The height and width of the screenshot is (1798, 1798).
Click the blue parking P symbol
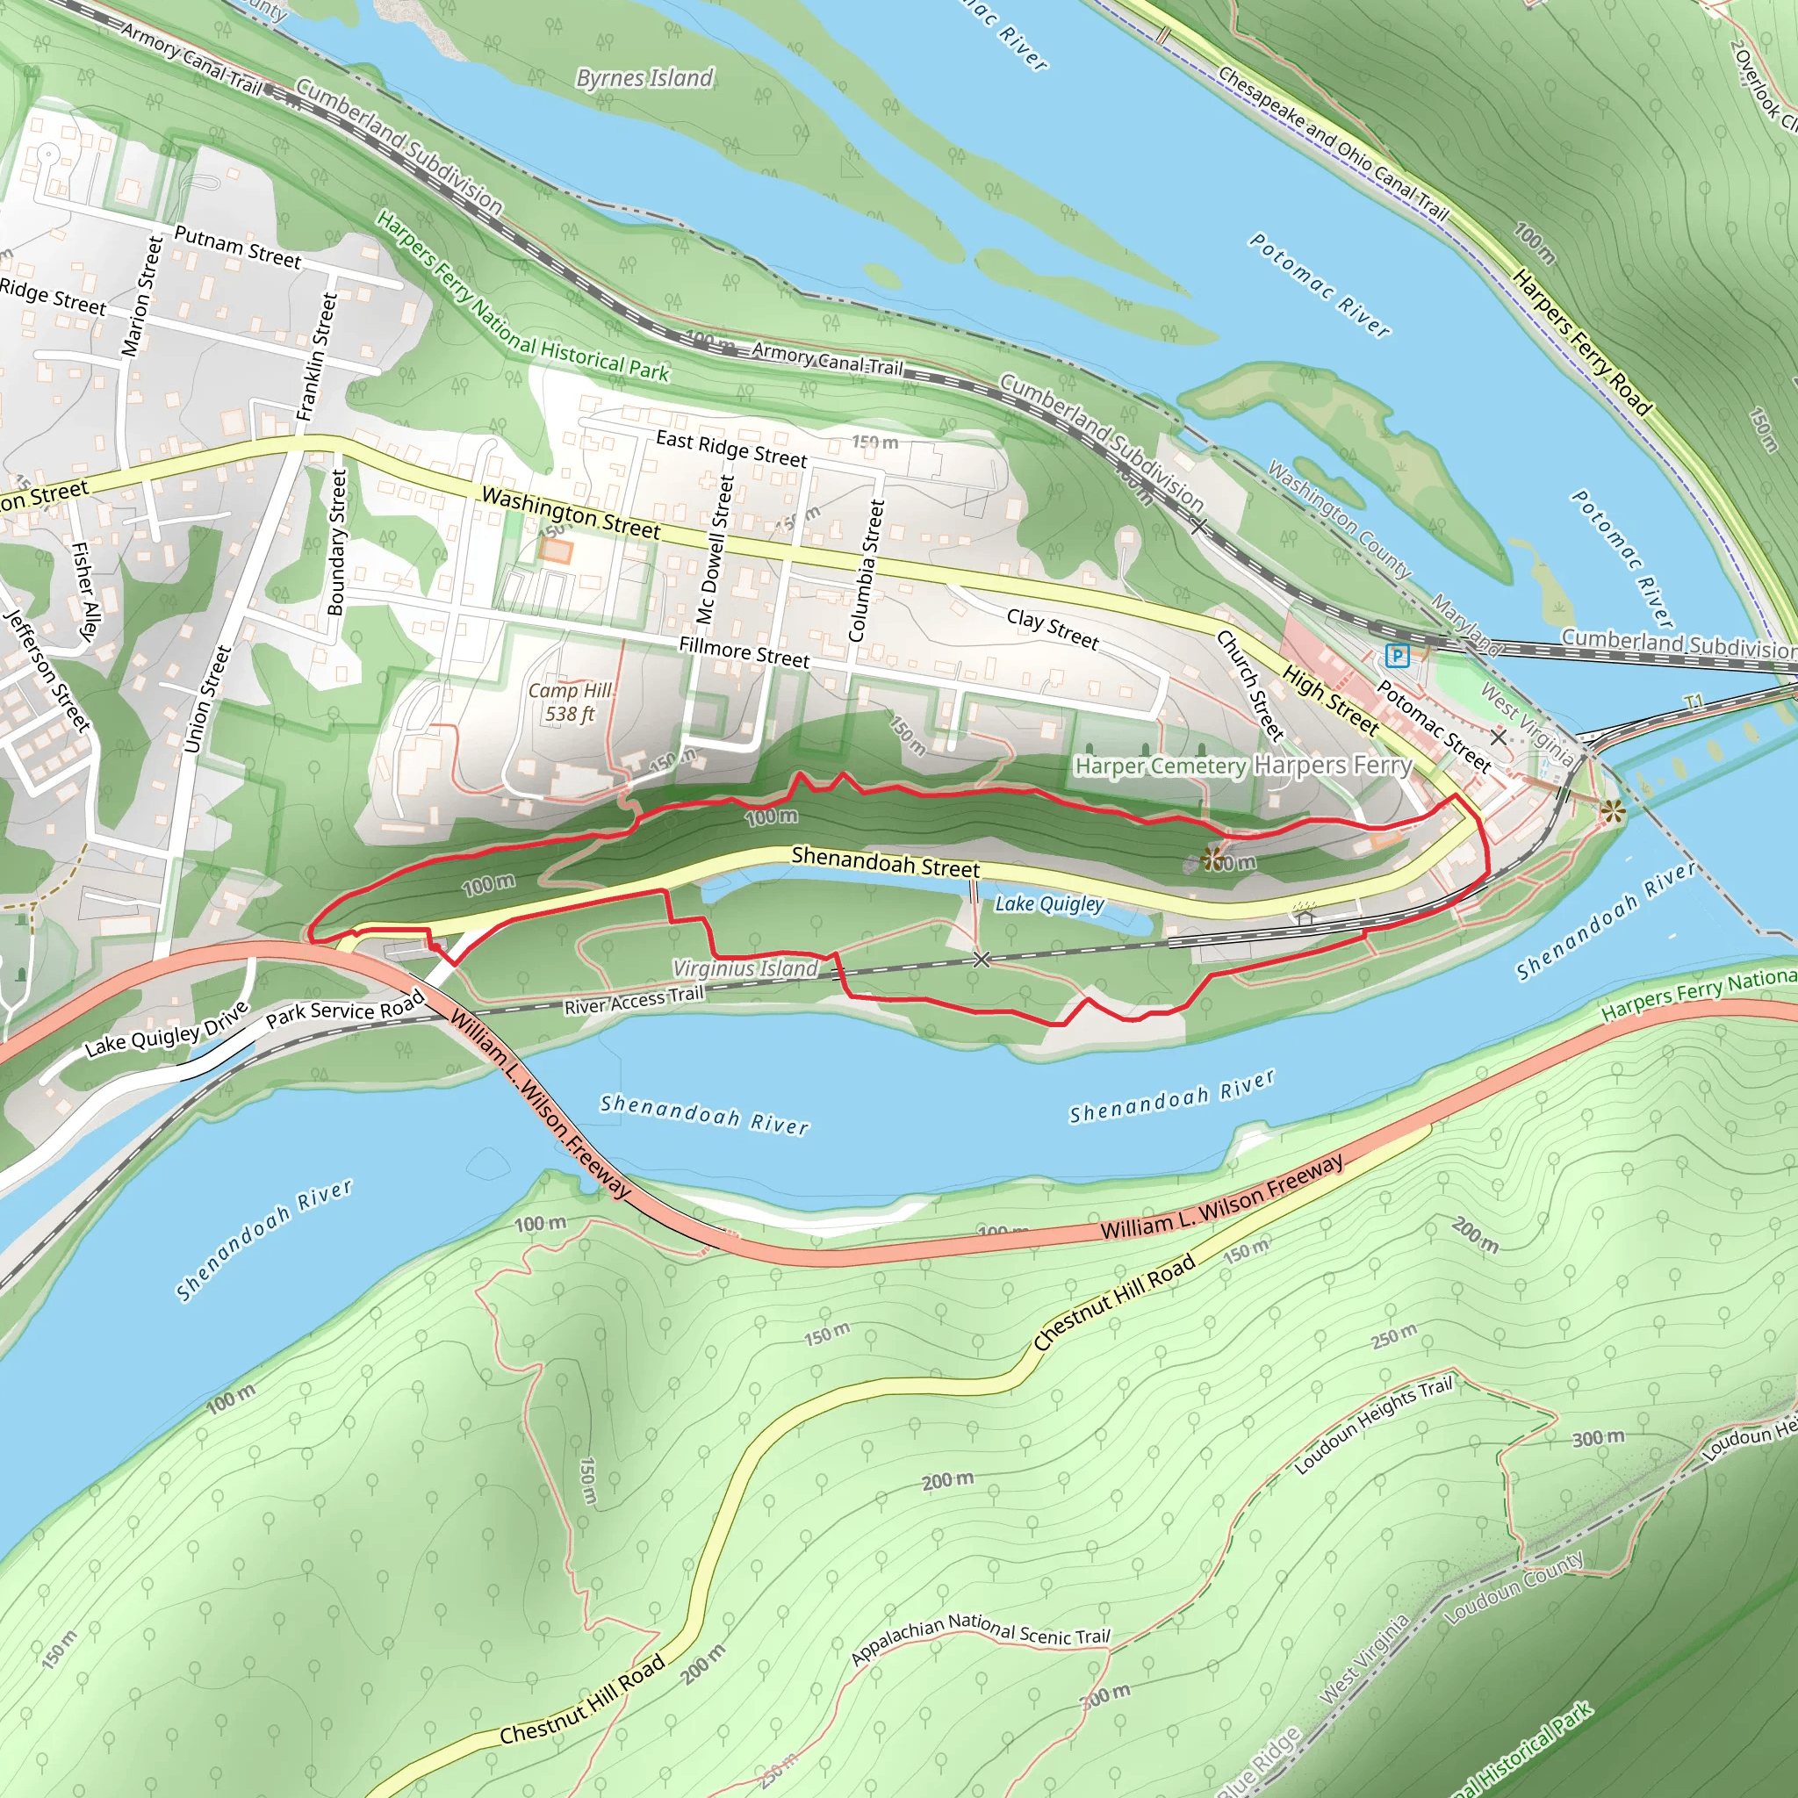[x=1397, y=656]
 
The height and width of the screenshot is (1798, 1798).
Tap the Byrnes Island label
[x=645, y=78]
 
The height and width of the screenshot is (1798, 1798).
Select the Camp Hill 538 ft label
[x=570, y=702]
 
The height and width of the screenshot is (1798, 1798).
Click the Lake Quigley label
[x=1050, y=903]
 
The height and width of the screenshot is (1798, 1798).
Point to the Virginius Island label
[x=745, y=969]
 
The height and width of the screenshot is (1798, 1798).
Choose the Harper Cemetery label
[x=1160, y=766]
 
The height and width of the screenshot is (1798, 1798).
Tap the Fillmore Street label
[x=744, y=652]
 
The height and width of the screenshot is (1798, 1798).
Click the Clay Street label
[x=1053, y=629]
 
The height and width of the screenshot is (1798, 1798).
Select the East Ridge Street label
[x=731, y=449]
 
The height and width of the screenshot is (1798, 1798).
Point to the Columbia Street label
[x=867, y=571]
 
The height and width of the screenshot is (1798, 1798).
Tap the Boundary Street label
[x=337, y=542]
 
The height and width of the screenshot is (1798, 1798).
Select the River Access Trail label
[x=634, y=1001]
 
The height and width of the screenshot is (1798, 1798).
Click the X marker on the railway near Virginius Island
[x=981, y=959]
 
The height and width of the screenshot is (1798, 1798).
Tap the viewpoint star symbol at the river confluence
[x=1613, y=812]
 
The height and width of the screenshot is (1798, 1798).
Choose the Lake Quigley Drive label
[x=167, y=1029]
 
